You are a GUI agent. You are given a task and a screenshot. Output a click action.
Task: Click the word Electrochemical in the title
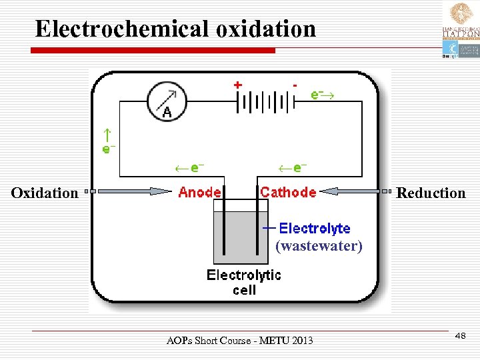[123, 29]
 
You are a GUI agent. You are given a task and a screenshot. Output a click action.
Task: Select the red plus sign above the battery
[237, 85]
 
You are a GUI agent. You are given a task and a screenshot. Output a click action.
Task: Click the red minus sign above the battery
[295, 85]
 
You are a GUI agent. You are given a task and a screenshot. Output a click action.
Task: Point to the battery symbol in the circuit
[265, 103]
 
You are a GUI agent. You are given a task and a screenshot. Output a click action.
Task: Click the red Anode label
[200, 193]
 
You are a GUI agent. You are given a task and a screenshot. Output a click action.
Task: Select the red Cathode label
[288, 193]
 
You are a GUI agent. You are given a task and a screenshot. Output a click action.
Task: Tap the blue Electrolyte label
[314, 229]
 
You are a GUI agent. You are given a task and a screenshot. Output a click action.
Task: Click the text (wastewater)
[319, 246]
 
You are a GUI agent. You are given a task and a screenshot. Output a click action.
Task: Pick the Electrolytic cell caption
[244, 282]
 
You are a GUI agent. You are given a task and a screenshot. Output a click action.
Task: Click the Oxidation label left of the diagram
[45, 193]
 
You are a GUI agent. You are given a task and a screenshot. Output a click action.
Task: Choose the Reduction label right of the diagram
[431, 193]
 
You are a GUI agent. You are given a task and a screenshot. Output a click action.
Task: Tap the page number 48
[459, 337]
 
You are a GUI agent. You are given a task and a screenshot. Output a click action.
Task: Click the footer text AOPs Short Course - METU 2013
[239, 341]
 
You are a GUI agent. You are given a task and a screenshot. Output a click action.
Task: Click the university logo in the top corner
[460, 30]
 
